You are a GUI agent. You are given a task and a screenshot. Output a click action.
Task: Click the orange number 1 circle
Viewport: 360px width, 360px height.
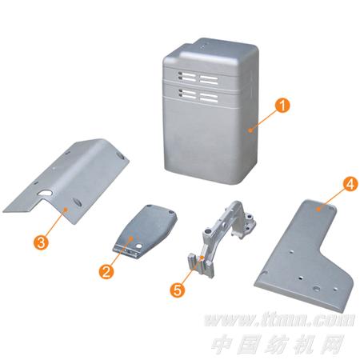pos(282,105)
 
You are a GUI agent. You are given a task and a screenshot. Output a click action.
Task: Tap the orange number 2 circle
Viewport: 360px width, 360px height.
pos(106,271)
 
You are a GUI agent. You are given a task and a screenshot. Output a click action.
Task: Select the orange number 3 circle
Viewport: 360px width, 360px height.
pos(41,242)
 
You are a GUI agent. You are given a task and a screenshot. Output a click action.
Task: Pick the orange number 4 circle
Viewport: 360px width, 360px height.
pos(350,184)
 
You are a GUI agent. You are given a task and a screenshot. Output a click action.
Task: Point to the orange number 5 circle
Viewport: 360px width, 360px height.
pos(178,290)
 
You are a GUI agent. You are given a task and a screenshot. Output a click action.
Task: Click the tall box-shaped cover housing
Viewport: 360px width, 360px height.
pos(210,112)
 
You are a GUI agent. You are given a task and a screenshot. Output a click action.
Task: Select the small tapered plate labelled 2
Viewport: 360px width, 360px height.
pos(146,231)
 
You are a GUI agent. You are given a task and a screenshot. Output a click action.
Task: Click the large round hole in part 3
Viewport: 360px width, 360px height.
pos(46,193)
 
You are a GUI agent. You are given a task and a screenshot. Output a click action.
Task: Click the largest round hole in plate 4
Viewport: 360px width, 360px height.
pos(317,289)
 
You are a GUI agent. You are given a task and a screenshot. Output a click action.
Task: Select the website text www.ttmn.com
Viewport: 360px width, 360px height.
pos(280,320)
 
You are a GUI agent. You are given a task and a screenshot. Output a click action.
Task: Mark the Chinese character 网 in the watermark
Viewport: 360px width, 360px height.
pos(331,344)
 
